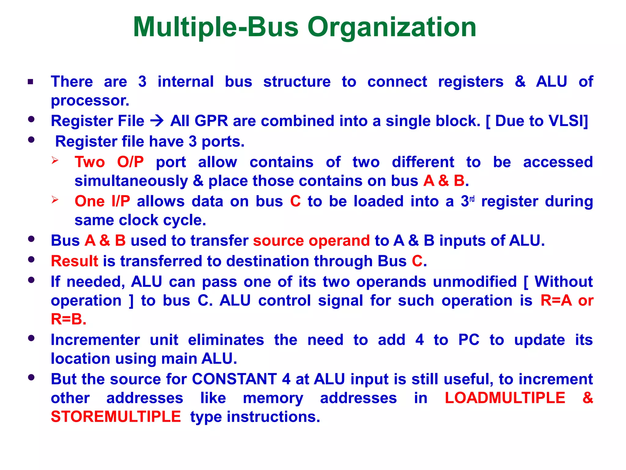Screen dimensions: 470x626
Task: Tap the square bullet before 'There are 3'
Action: pos(30,82)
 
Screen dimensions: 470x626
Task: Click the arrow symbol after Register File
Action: pos(157,121)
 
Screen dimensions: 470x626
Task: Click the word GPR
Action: pos(211,121)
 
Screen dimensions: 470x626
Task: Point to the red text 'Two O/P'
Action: pos(109,162)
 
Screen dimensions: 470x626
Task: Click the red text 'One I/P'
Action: pos(102,201)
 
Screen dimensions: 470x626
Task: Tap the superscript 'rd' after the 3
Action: pos(472,199)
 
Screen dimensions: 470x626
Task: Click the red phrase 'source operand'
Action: pos(311,241)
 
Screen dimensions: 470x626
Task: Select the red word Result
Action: pos(75,261)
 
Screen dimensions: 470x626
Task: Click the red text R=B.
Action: pos(68,319)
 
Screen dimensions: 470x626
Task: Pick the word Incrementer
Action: pos(95,340)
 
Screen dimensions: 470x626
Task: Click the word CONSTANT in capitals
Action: pos(234,379)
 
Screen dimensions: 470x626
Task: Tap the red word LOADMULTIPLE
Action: pos(505,398)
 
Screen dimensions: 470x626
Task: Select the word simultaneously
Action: pos(131,181)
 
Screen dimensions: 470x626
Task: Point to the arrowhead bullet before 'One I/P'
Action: pos(55,200)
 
